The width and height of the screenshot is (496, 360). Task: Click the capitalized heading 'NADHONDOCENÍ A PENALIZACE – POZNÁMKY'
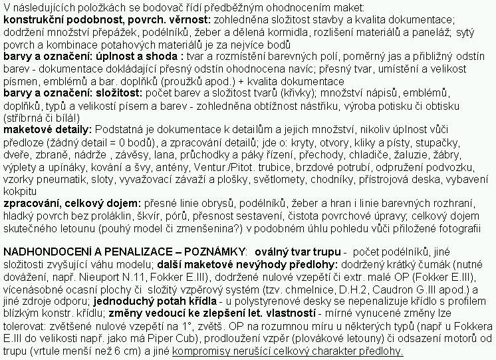click(124, 253)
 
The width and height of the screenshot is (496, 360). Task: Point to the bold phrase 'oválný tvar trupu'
click(296, 253)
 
